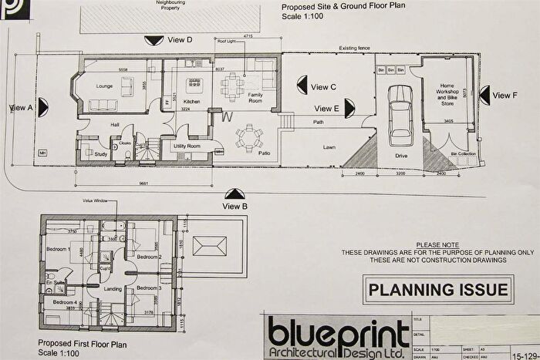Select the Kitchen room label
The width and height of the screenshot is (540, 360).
[192, 102]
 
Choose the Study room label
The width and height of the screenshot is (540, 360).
[100, 154]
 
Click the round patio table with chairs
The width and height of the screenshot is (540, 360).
[249, 137]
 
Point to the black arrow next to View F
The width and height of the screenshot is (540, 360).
[484, 95]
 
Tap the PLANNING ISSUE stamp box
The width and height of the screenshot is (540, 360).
[439, 290]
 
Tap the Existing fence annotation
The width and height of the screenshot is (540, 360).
[354, 49]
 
